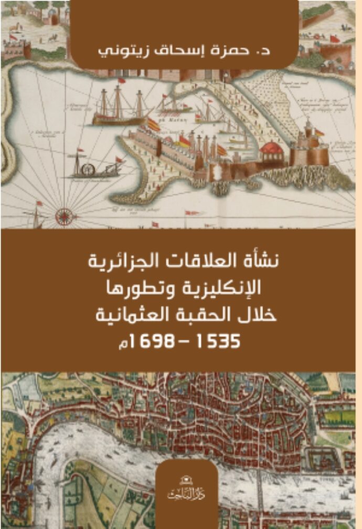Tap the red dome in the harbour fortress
(271, 148)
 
